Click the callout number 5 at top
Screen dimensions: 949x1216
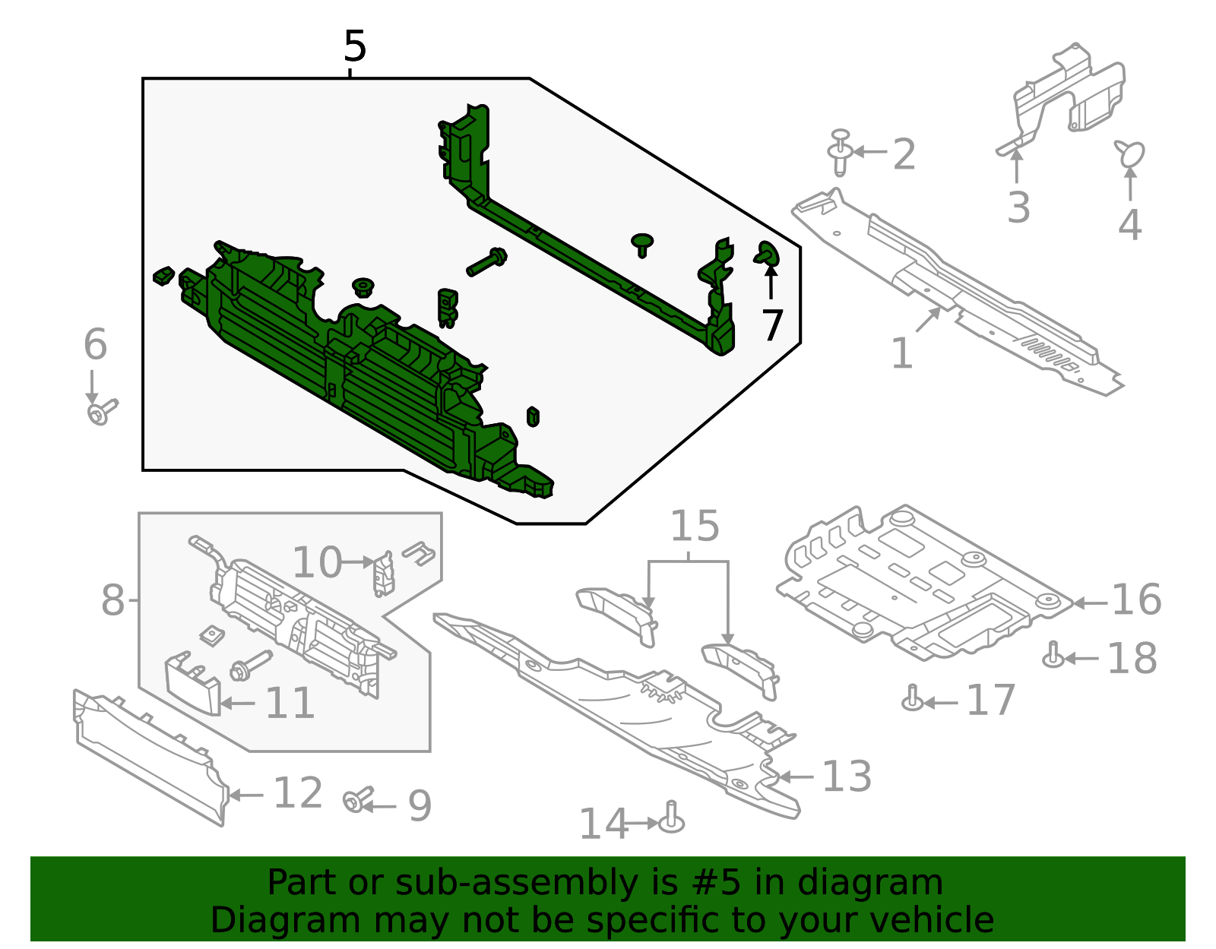(354, 47)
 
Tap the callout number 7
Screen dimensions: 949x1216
(772, 326)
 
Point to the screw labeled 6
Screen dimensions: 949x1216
(101, 413)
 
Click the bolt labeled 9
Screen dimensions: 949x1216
(356, 799)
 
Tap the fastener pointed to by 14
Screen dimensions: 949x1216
(671, 819)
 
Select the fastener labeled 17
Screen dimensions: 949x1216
(913, 698)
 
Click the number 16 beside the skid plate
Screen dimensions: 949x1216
(1136, 600)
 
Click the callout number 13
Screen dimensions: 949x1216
(847, 777)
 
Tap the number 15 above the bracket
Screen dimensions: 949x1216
(695, 527)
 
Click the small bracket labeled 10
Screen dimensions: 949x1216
(384, 573)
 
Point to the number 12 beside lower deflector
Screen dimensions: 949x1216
(298, 793)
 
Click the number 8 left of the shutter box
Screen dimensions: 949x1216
(112, 601)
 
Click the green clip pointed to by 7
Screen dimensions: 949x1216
(767, 253)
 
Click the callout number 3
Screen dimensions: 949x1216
(1018, 207)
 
